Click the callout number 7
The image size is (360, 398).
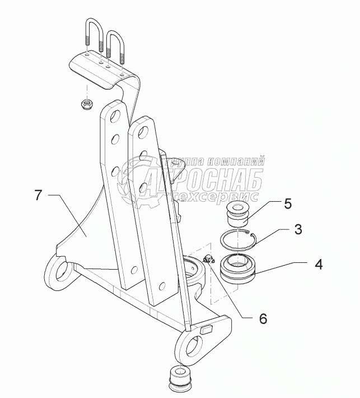tap(38, 196)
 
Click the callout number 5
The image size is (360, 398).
tap(287, 203)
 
